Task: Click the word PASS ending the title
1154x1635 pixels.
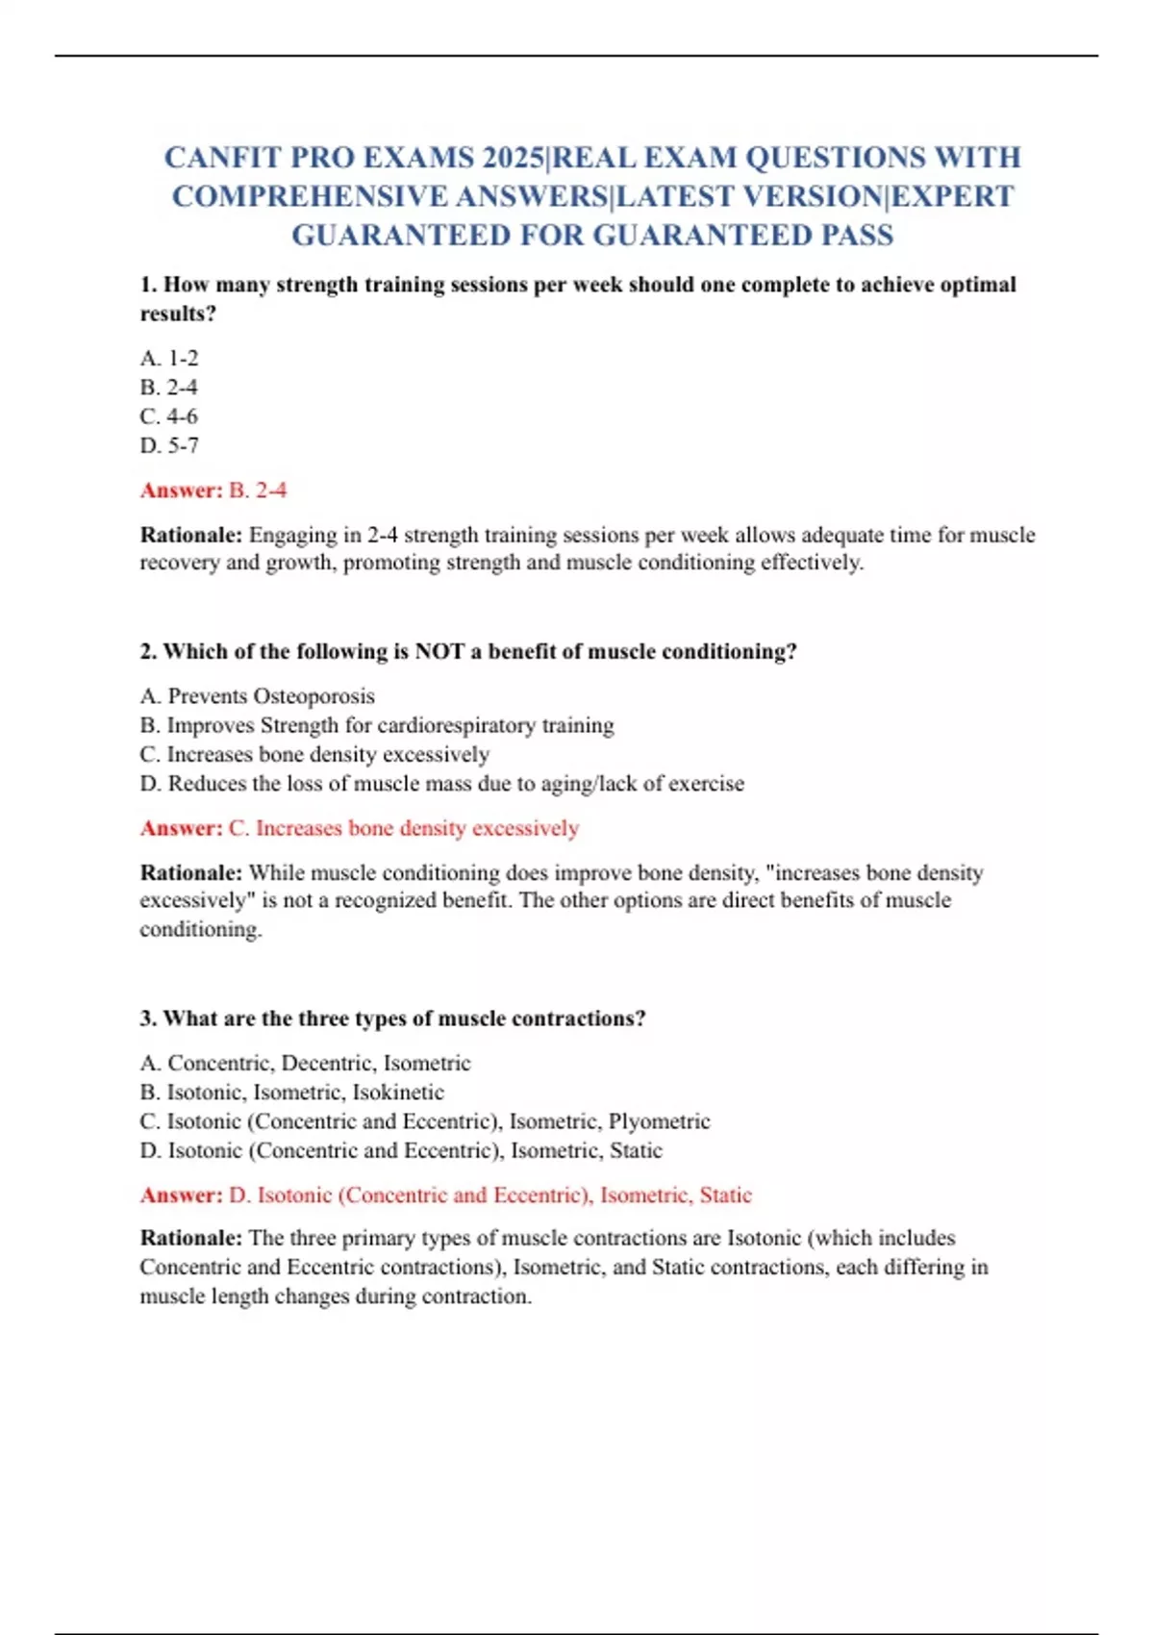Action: click(x=857, y=236)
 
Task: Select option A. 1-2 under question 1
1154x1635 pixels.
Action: click(x=169, y=359)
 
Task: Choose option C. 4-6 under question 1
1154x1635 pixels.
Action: click(x=169, y=416)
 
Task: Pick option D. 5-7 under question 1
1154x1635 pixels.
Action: click(x=169, y=445)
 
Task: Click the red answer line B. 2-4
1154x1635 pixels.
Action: click(x=258, y=490)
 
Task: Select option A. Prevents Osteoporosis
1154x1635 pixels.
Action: click(x=258, y=696)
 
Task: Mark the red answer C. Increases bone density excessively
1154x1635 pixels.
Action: click(x=404, y=828)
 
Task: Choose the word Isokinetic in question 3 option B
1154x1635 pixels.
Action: click(x=398, y=1093)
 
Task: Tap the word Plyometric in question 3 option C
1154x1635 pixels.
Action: click(x=660, y=1121)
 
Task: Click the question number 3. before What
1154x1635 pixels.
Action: click(x=148, y=1019)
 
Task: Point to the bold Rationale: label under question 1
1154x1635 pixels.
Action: click(x=191, y=535)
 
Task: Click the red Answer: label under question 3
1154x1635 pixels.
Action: click(x=181, y=1195)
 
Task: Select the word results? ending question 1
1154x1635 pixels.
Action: click(x=178, y=314)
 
